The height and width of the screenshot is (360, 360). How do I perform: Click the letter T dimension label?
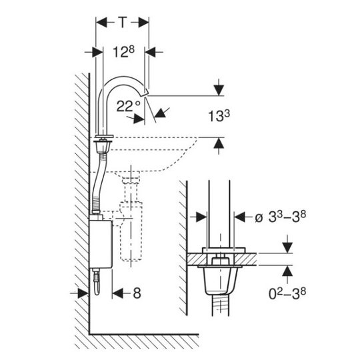(123, 23)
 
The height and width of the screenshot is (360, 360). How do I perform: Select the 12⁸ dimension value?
(124, 51)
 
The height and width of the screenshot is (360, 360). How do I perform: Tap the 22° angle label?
(129, 106)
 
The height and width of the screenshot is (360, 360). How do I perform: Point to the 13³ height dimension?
(219, 116)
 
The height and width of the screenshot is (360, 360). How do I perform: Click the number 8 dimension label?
(137, 293)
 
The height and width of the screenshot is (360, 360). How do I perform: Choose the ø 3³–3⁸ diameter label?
(280, 217)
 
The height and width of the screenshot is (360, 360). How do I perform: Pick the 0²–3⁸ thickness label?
(287, 294)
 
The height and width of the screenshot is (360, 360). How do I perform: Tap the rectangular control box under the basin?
(101, 244)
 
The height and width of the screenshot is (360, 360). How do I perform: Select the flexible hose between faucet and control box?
(99, 183)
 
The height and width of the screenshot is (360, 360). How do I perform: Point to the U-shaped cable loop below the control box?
(97, 283)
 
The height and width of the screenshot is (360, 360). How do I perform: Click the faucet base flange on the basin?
(105, 136)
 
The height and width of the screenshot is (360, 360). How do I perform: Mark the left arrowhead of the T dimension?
(101, 23)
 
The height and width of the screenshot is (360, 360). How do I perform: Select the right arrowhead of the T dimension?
(143, 23)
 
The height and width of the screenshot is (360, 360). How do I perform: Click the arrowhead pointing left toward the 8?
(118, 293)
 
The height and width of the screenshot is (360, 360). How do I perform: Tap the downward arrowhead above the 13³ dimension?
(219, 90)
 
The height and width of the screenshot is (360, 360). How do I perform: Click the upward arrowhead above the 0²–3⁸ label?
(287, 271)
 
